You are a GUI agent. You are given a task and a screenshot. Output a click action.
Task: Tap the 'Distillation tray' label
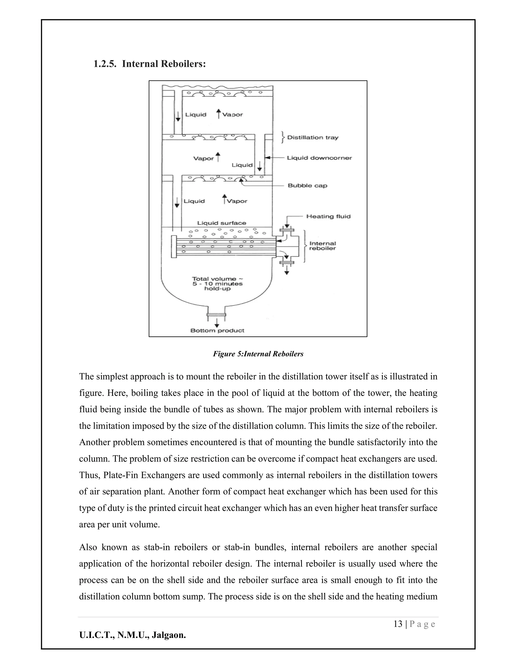[x=313, y=138]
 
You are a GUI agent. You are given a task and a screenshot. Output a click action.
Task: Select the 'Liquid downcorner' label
[x=319, y=158]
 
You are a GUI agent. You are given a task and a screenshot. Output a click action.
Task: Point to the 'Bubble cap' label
[x=307, y=186]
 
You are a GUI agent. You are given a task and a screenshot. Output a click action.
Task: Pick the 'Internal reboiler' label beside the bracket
[x=323, y=246]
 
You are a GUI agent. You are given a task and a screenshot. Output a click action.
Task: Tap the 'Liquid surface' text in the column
[x=221, y=223]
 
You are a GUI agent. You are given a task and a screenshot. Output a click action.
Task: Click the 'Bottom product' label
[x=217, y=330]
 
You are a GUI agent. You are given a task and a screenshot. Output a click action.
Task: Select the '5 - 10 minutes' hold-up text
[x=217, y=284]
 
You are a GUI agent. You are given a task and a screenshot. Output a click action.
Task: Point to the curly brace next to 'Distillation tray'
[x=283, y=138]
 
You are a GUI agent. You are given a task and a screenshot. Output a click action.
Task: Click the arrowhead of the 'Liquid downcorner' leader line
[x=267, y=158]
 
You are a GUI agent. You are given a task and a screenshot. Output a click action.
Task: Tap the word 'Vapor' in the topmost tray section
[x=232, y=115]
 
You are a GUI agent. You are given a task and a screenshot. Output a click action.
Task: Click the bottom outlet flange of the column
[x=216, y=315]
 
